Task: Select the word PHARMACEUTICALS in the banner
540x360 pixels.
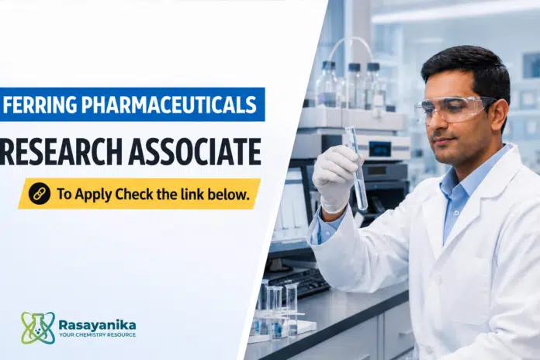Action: pyautogui.click(x=169, y=105)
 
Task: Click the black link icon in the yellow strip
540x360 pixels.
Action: pyautogui.click(x=40, y=194)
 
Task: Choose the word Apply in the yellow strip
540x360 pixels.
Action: pyautogui.click(x=93, y=195)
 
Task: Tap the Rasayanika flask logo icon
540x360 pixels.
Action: pyautogui.click(x=38, y=327)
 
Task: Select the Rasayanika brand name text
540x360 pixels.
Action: pyautogui.click(x=97, y=324)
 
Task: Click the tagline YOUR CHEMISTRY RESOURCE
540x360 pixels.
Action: pyautogui.click(x=97, y=335)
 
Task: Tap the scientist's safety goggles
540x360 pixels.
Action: pyautogui.click(x=455, y=109)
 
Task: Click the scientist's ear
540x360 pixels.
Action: pyautogui.click(x=500, y=114)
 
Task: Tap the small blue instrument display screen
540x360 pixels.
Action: pyautogui.click(x=380, y=147)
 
